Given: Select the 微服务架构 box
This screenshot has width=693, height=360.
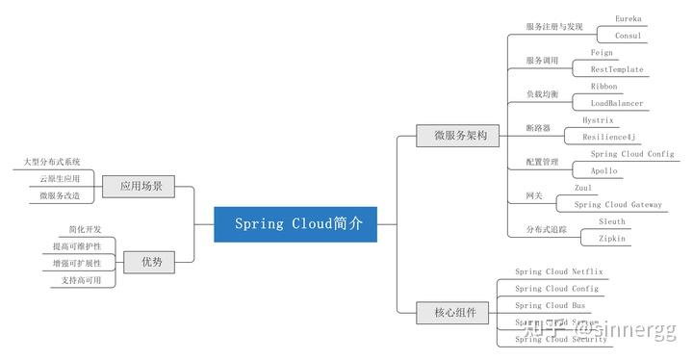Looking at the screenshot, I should tap(454, 136).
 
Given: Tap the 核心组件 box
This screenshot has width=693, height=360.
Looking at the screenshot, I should tap(454, 312).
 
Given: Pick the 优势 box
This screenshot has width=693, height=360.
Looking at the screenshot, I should tap(152, 262).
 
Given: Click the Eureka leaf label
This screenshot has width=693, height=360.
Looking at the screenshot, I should tap(629, 18).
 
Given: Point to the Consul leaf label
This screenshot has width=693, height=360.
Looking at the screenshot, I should tap(629, 36).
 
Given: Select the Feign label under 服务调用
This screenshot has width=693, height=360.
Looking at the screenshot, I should tap(602, 53).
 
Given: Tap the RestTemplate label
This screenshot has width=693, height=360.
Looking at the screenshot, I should tap(617, 70).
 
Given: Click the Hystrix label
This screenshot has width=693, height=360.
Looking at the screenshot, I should tap(598, 120).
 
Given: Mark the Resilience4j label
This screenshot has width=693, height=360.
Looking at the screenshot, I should tap(609, 138).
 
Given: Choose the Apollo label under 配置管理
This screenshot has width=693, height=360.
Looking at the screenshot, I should tap(603, 171).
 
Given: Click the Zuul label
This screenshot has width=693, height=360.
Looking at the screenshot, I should tap(583, 188).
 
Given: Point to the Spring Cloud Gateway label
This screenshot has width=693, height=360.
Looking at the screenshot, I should tap(618, 205).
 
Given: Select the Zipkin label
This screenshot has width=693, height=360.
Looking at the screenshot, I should tap(611, 239).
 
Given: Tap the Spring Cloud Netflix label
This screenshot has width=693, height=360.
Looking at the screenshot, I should tap(558, 272).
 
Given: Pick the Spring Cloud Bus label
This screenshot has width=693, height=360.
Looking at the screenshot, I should tap(550, 306).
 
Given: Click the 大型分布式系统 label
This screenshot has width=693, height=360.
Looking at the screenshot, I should tap(53, 162).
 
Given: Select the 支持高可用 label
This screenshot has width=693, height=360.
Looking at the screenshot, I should tap(81, 280).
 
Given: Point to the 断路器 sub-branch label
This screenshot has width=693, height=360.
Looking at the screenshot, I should tap(538, 128).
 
